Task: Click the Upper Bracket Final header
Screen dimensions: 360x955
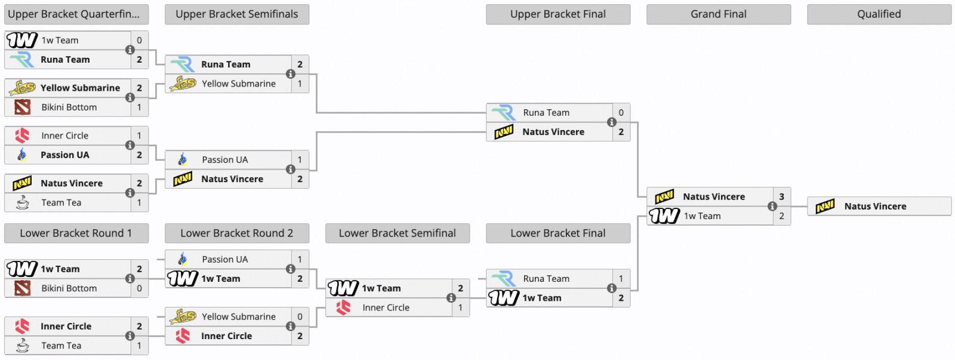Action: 557,14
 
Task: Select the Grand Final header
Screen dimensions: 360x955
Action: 718,14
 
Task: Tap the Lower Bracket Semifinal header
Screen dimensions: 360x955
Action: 397,233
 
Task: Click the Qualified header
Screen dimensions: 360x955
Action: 879,14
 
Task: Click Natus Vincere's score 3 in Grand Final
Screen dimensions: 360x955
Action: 781,196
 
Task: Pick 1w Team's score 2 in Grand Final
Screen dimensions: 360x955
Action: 781,216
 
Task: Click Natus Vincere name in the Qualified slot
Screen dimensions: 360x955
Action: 875,207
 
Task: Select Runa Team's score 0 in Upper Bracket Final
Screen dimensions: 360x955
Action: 621,112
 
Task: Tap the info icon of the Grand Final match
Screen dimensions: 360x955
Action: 772,207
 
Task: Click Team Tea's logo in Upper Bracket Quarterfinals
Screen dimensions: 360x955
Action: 23,203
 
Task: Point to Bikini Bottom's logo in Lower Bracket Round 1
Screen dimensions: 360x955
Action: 23,288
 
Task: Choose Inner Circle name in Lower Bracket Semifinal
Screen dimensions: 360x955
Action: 386,307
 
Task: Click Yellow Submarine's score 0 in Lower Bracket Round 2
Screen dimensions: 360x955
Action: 300,316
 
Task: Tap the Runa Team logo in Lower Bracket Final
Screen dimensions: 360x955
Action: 504,279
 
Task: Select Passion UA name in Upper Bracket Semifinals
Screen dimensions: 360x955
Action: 224,159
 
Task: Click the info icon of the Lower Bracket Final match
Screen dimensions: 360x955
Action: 612,288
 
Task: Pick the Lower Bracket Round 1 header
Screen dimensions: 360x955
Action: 76,233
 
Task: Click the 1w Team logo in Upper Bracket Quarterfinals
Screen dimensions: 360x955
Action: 21,40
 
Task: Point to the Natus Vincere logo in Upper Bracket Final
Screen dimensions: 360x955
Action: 504,132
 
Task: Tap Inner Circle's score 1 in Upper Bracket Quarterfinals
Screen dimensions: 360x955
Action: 139,136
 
